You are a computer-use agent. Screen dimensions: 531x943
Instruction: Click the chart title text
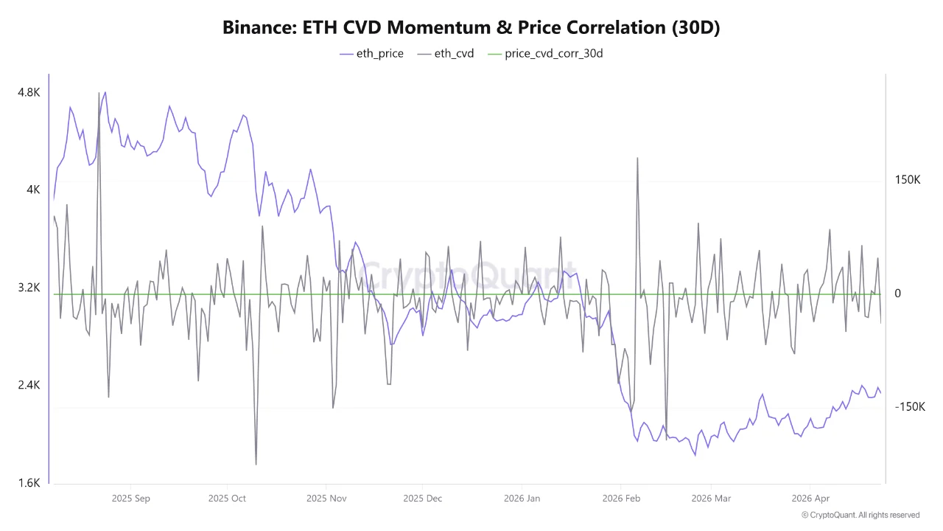click(471, 27)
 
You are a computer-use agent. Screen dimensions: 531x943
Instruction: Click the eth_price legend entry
click(371, 53)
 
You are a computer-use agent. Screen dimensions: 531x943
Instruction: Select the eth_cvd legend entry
click(445, 53)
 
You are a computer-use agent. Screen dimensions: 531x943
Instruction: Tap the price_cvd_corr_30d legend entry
click(545, 53)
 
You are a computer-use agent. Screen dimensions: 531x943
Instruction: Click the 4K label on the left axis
click(33, 190)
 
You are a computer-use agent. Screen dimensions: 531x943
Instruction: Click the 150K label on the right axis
click(908, 180)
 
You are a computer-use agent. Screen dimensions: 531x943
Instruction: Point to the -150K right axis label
click(909, 407)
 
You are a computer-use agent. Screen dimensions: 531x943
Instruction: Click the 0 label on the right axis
click(897, 294)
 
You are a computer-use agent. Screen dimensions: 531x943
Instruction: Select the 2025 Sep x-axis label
click(131, 499)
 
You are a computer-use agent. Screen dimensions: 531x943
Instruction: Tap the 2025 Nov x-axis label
click(326, 499)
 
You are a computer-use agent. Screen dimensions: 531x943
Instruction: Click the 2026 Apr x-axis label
click(810, 499)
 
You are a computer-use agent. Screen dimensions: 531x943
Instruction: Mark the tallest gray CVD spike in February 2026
click(637, 158)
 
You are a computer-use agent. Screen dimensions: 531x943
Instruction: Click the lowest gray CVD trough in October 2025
click(256, 464)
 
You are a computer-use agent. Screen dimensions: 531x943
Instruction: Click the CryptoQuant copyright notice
click(860, 515)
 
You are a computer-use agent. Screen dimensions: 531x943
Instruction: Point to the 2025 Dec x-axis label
click(423, 499)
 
